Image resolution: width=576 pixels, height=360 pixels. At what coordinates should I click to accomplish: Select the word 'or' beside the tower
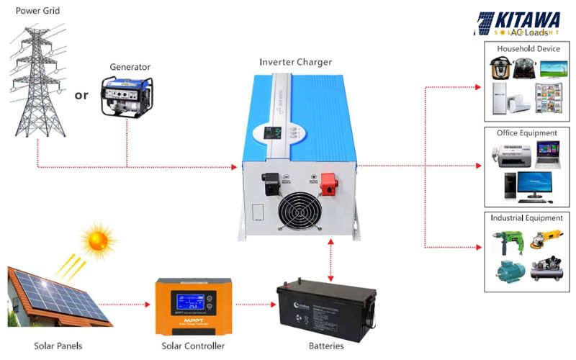coord(82,95)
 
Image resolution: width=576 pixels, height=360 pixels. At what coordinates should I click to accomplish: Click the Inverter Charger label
coord(296,62)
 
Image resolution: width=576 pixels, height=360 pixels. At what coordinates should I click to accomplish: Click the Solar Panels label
coord(58,346)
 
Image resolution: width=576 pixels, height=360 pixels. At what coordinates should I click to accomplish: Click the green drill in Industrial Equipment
coord(507,240)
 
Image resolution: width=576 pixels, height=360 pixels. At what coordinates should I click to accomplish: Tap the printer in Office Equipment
coord(508,155)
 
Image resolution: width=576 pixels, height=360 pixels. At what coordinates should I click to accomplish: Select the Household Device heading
coord(527,49)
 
